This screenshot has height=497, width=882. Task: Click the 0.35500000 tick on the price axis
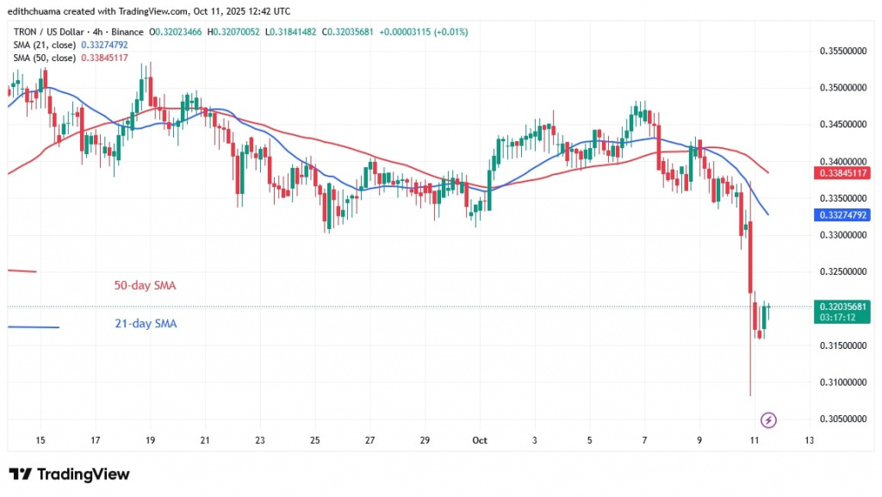tap(842, 52)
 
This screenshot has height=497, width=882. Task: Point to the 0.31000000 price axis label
tap(842, 382)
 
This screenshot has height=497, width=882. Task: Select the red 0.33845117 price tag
tap(842, 172)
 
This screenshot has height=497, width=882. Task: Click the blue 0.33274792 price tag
tap(842, 214)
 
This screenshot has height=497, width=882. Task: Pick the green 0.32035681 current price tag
tap(842, 306)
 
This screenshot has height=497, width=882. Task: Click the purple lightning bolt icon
tap(769, 420)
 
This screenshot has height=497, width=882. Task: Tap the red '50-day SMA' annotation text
tap(145, 285)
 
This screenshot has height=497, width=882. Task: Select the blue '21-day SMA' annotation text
tap(145, 324)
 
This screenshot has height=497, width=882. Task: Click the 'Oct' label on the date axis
tap(480, 440)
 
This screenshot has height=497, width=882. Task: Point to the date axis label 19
tap(151, 440)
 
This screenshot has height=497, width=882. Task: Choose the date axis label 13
tap(809, 440)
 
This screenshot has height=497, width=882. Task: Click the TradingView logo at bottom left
tap(69, 475)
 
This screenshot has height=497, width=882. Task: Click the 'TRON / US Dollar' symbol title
tap(47, 32)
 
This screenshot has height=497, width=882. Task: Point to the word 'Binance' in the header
tap(127, 32)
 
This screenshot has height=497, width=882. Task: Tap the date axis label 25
tap(315, 440)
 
